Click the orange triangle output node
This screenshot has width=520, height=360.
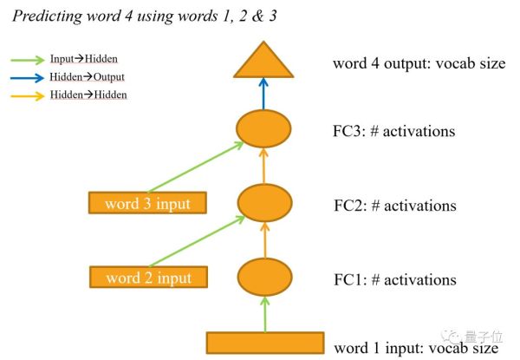point(263,63)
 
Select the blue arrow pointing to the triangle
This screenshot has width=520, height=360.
point(263,94)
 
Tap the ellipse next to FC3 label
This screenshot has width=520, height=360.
point(263,128)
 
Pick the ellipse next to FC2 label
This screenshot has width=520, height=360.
point(264,203)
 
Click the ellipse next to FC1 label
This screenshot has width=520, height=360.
point(264,277)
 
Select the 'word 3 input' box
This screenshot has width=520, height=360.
point(147,203)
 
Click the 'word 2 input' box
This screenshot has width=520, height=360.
point(148,277)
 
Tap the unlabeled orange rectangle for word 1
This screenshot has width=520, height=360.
point(265,343)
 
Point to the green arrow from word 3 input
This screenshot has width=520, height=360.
point(196,167)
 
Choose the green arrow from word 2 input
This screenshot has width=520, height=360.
point(197,241)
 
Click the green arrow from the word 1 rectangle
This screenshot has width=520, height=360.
point(264,314)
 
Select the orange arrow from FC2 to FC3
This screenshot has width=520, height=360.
point(263,166)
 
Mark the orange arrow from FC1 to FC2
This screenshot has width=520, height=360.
point(264,240)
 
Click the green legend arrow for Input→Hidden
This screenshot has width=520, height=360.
point(28,60)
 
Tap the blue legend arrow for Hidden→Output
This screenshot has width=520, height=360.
point(27,78)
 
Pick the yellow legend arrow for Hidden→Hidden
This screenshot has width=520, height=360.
point(28,96)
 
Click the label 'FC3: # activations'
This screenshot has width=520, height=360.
point(393,131)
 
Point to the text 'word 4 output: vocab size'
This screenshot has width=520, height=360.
point(419,63)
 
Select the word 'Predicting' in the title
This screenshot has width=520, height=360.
point(48,16)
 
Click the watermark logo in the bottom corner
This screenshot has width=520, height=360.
point(450,337)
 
